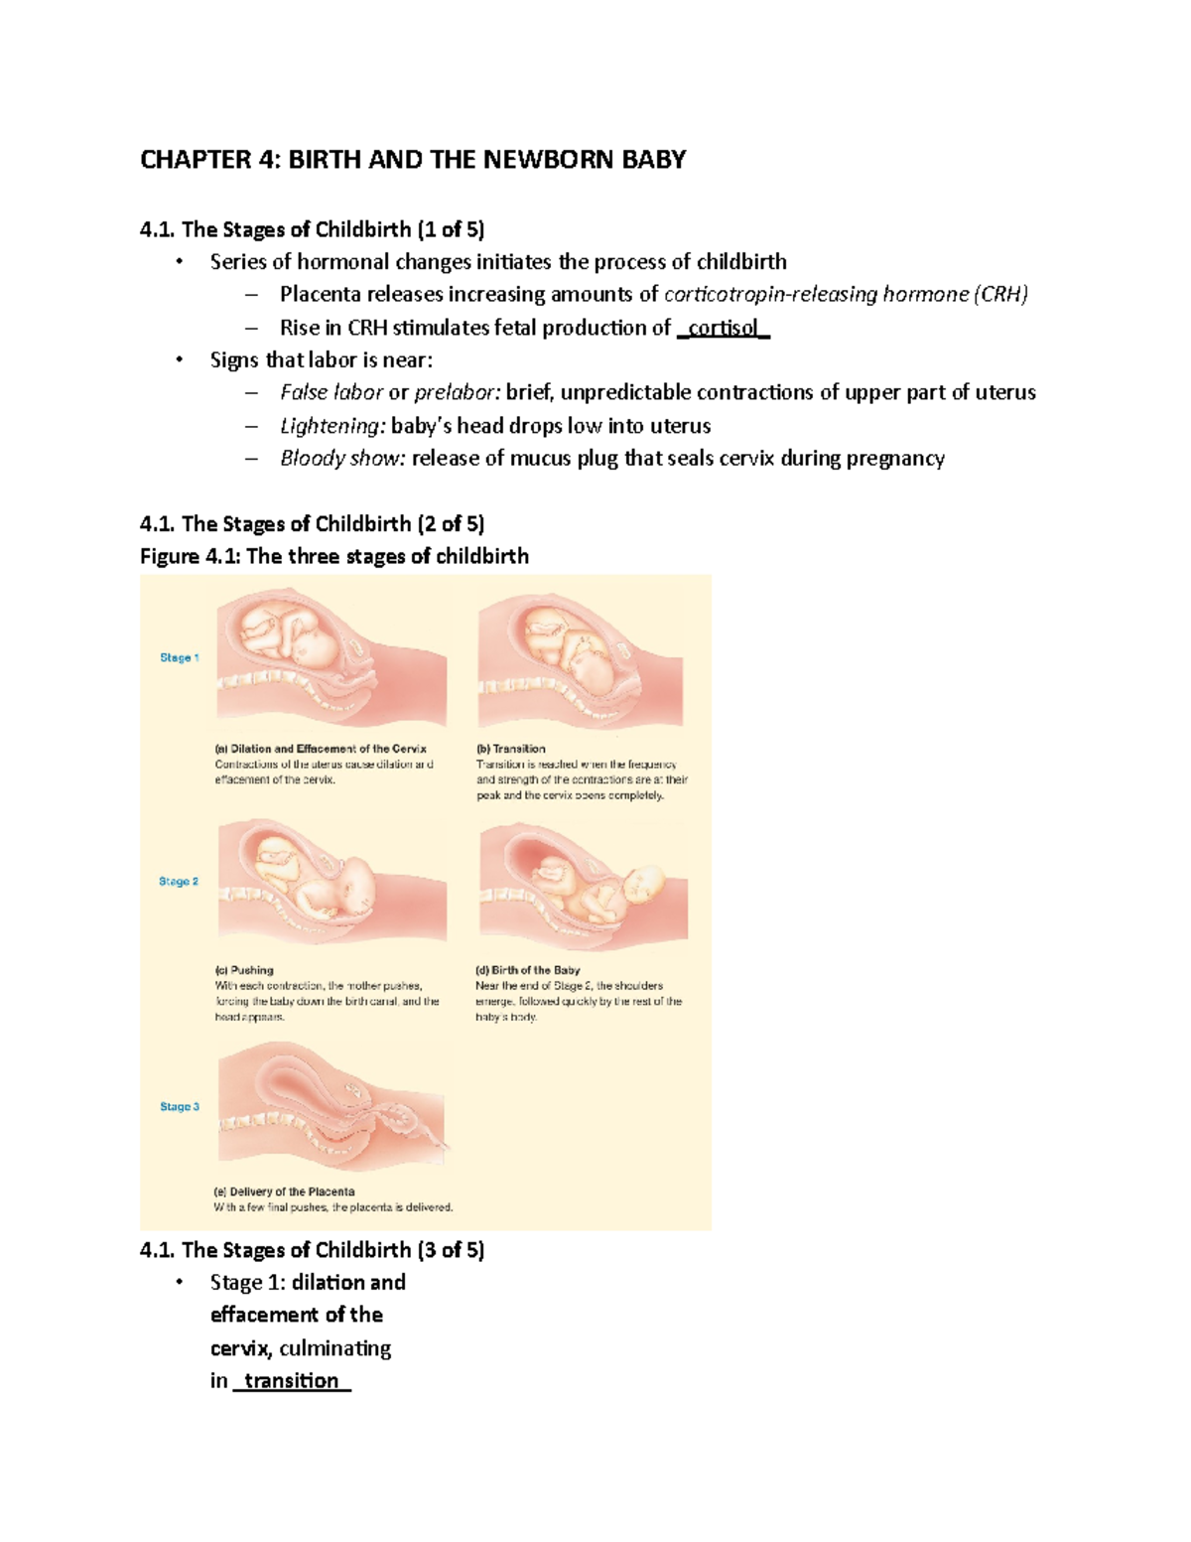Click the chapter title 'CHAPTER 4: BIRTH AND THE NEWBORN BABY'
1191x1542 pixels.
pos(413,160)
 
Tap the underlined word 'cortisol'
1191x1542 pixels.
pos(723,328)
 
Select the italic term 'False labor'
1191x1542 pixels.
pos(331,392)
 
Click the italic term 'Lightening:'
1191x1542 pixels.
pos(331,426)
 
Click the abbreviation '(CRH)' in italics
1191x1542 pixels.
pos(1000,295)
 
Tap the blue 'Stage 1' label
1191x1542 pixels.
pos(180,658)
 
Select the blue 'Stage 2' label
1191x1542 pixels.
pos(179,882)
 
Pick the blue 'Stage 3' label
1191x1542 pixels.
pos(180,1107)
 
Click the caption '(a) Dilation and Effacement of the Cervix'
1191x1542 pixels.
pos(321,749)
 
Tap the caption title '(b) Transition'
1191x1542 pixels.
pos(511,749)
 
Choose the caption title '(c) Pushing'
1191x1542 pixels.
pos(244,970)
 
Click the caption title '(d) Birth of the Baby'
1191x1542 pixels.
pos(528,970)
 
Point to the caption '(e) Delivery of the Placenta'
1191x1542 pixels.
pos(285,1192)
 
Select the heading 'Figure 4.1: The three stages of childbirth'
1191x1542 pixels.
pos(334,556)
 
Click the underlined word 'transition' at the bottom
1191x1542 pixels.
pos(291,1381)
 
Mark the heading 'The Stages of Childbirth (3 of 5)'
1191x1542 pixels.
pos(313,1250)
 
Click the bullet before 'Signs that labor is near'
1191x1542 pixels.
pos(179,359)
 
